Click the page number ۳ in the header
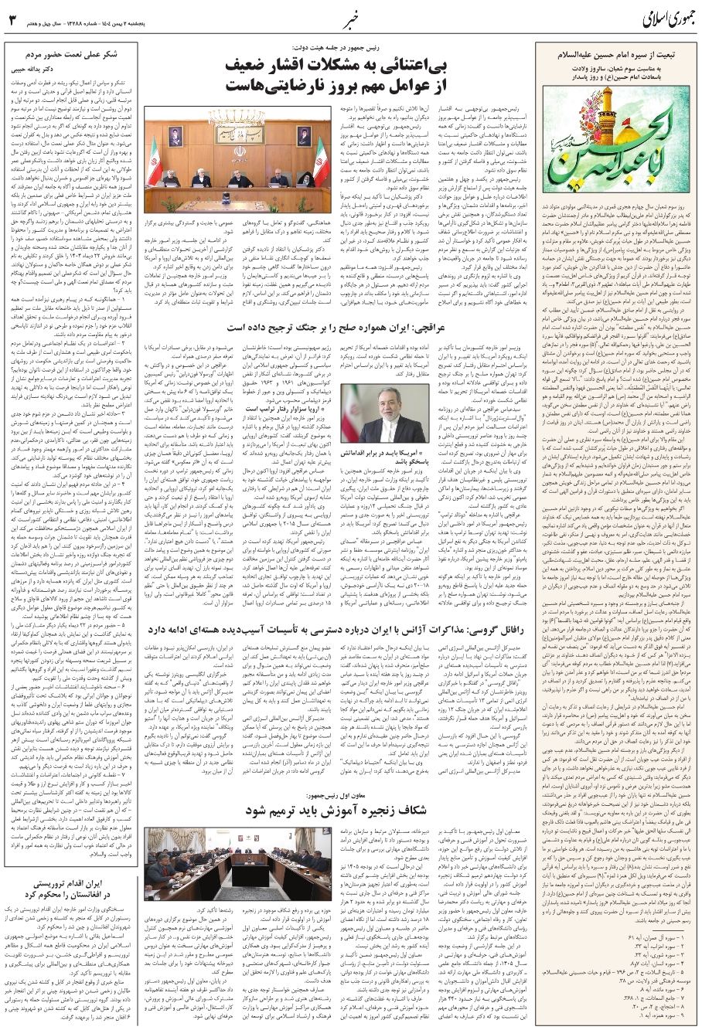click(x=11, y=17)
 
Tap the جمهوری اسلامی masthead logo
click(x=653, y=17)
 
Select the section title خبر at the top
click(x=351, y=17)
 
